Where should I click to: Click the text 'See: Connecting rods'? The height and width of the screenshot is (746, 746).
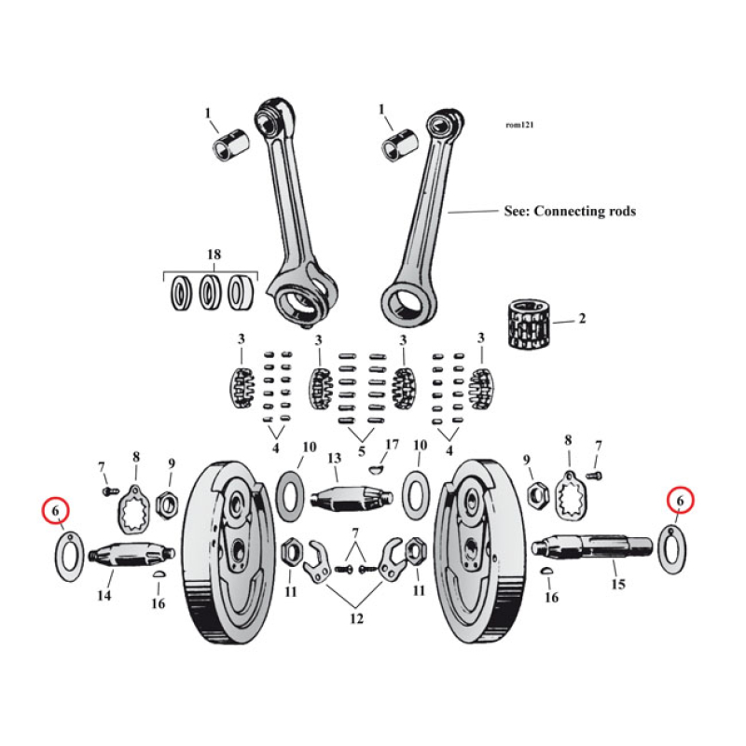(x=569, y=212)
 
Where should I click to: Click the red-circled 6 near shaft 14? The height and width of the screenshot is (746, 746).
(x=57, y=510)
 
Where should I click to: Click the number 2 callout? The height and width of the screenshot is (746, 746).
(x=582, y=319)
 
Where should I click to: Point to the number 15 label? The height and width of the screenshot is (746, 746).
(x=616, y=584)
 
